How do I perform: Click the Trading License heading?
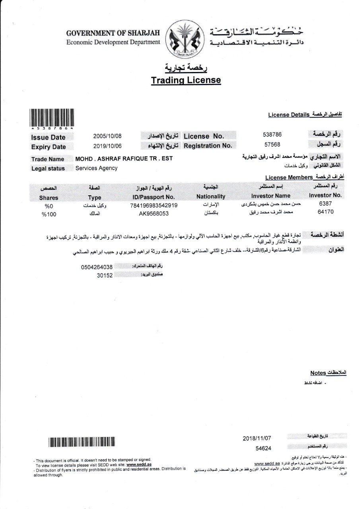point(186,80)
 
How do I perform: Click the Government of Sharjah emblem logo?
point(184,39)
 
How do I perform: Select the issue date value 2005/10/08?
point(107,136)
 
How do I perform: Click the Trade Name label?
point(48,159)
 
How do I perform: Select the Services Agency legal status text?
point(97,168)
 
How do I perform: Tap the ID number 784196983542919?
point(154,206)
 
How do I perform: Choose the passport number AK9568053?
point(154,214)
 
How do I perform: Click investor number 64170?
point(325,212)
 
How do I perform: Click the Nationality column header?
point(211,196)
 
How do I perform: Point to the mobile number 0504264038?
point(97,267)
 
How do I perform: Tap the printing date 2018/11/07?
point(257,438)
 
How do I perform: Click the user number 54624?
point(263,448)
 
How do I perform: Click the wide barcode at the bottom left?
point(82,441)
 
